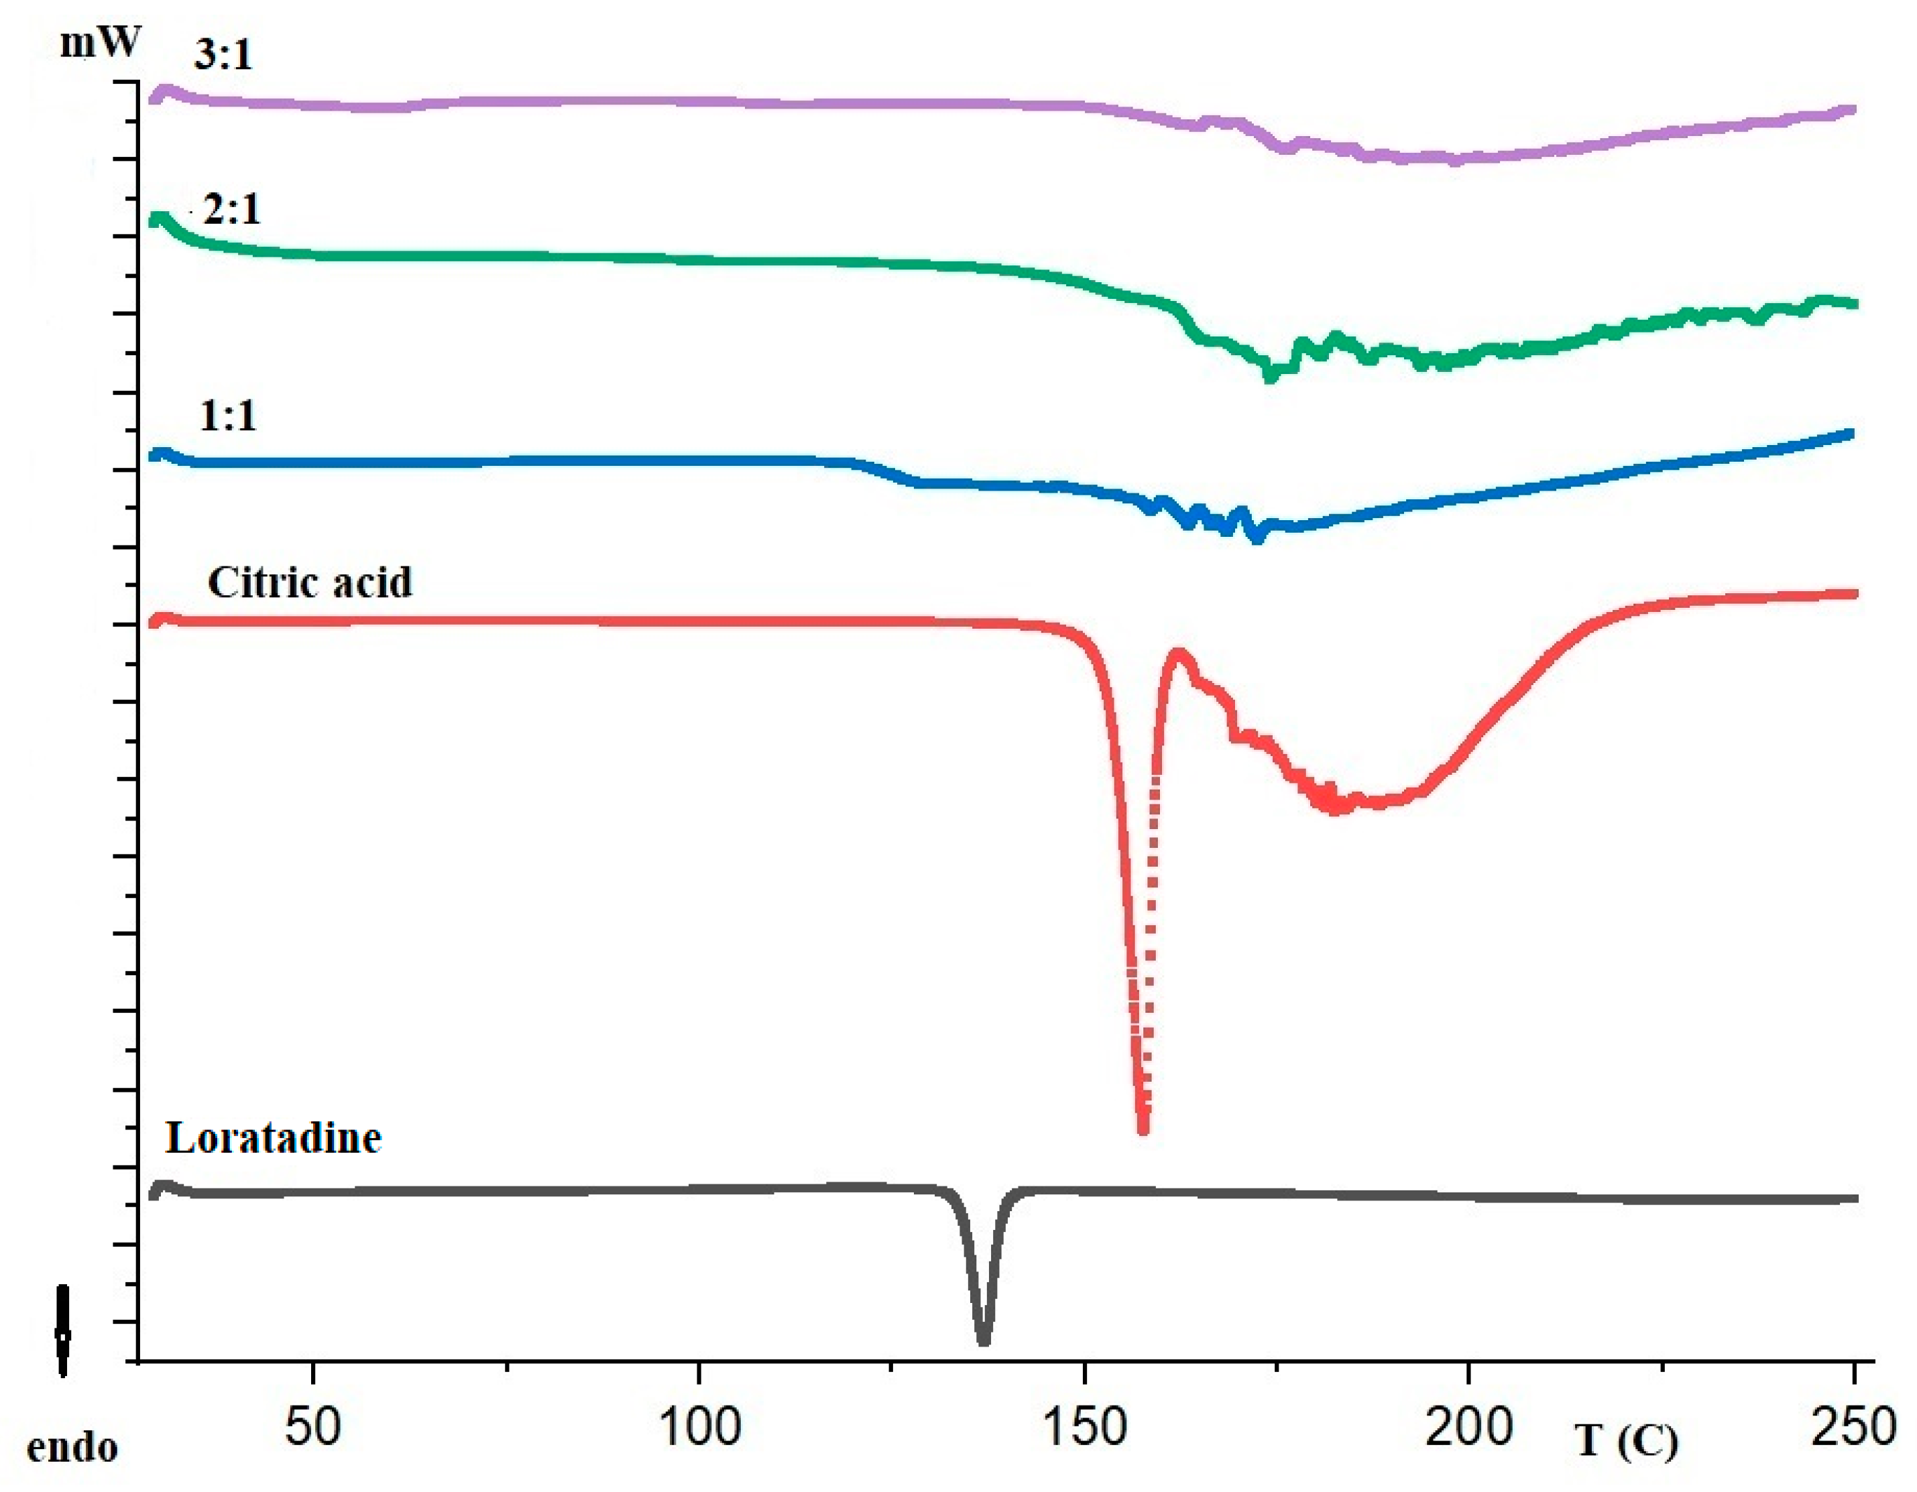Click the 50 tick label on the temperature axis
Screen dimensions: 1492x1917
[x=312, y=1426]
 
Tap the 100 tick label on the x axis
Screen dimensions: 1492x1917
[x=699, y=1426]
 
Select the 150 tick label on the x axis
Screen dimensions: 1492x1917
[x=1085, y=1426]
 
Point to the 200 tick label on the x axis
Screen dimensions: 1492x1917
[x=1468, y=1426]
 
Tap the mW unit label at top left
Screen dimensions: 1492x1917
[x=99, y=42]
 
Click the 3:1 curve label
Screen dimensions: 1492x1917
[x=223, y=55]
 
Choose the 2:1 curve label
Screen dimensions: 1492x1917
[x=232, y=210]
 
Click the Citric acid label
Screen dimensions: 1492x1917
[x=309, y=582]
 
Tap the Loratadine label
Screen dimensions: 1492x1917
[x=273, y=1138]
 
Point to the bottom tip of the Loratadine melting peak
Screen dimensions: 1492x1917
[x=983, y=1340]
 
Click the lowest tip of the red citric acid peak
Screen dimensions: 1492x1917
[x=1143, y=1129]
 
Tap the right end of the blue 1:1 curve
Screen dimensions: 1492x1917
[x=1851, y=434]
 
